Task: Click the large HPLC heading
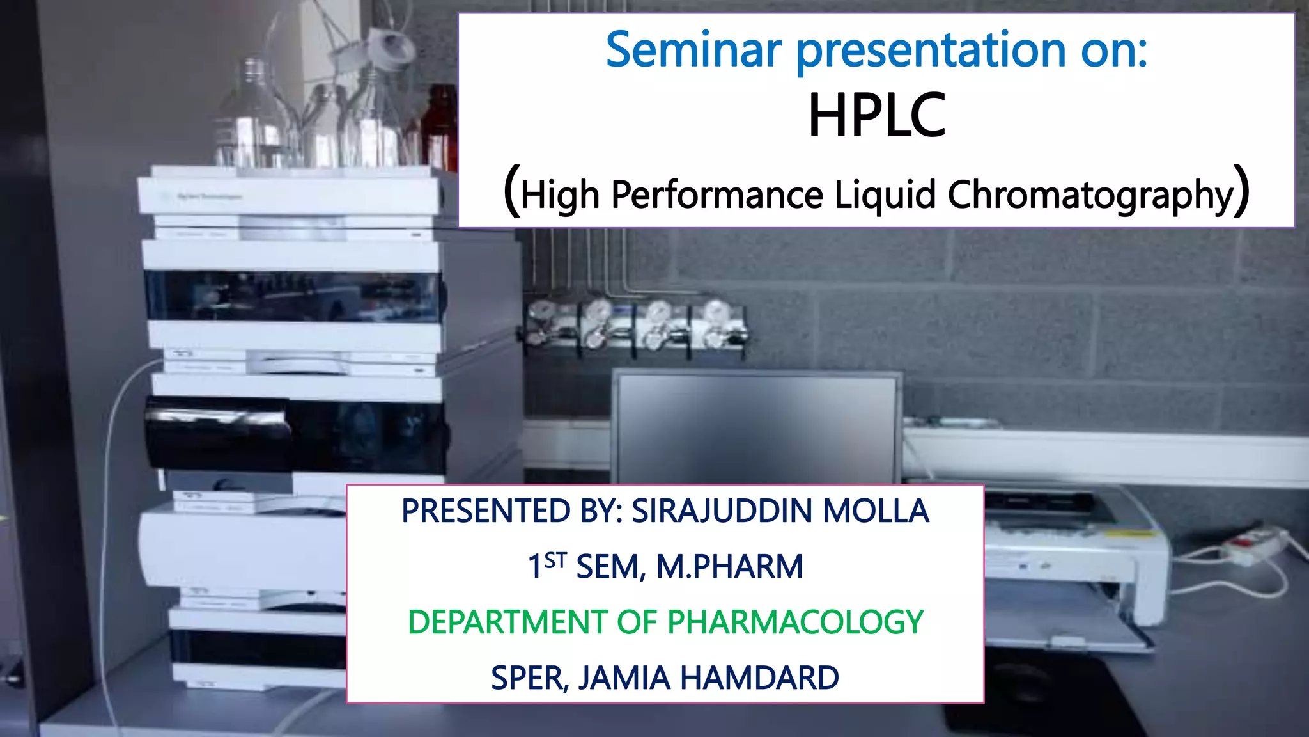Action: pos(876,116)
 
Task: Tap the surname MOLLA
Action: pos(875,511)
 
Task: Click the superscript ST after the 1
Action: pos(555,560)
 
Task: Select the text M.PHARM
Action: pos(729,567)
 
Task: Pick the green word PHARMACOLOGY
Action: pos(795,622)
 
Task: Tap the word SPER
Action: pos(528,678)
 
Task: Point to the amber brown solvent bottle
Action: pos(441,128)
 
